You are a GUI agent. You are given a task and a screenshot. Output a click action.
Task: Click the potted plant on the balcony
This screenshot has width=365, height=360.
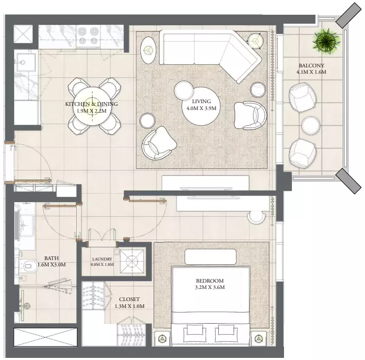coord(326,41)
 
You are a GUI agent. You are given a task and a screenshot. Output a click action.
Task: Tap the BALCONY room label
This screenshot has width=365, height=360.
coord(311,65)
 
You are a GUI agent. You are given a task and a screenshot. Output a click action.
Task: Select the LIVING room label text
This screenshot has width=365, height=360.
coord(201,102)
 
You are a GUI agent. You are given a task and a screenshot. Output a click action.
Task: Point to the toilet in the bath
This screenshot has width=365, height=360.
coord(29,266)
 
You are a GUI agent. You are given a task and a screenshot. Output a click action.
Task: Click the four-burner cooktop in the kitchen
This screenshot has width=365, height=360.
coord(88,36)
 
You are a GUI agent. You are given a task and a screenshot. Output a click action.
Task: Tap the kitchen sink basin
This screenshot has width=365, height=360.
coord(25,62)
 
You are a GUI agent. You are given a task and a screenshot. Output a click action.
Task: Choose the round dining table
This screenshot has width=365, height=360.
coord(92,106)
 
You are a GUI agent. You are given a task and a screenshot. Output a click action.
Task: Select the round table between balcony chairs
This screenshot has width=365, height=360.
coord(310,125)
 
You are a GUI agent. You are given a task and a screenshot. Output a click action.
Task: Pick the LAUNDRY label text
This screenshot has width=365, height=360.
coord(102,259)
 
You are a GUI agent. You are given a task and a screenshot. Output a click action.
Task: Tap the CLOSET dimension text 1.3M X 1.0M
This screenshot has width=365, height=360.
coord(129,306)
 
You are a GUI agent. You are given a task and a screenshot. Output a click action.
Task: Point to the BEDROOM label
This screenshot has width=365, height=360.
coord(209,281)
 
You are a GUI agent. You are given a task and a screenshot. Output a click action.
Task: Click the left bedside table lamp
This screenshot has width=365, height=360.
coord(162,338)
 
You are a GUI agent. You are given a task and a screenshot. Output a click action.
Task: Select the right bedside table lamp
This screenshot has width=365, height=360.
coord(258,338)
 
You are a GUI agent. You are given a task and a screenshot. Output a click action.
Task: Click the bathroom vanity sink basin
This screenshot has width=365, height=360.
coord(26,225)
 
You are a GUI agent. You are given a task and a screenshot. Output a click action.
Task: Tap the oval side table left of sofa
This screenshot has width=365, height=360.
coord(148,50)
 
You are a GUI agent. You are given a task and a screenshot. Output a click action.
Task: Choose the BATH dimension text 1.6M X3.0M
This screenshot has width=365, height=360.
coord(52,265)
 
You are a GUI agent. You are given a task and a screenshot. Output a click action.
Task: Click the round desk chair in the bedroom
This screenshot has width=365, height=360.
coord(256,217)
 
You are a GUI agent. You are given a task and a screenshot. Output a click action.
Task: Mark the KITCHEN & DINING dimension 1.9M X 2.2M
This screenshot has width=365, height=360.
coord(92,111)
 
